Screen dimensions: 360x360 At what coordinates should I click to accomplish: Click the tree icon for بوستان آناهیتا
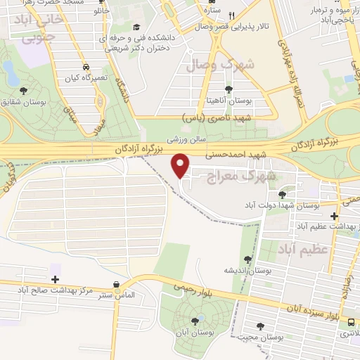(229, 89)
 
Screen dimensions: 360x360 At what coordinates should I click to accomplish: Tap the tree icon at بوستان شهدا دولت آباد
(283, 194)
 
